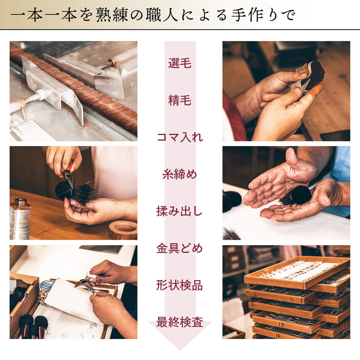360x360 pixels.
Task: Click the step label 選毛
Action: pos(180,63)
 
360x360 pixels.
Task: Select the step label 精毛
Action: pos(180,100)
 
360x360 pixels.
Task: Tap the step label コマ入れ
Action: pos(180,137)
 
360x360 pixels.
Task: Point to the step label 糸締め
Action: pos(180,174)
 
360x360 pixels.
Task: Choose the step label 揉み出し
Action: pos(179,211)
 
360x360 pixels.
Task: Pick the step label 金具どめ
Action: pos(179,248)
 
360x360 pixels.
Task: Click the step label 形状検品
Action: pos(179,285)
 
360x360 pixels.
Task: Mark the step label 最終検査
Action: pos(180,322)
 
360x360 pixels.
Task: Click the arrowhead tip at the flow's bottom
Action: pos(180,350)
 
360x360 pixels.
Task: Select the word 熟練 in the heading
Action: pos(112,15)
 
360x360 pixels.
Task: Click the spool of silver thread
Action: pos(20,219)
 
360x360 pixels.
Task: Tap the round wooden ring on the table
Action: pos(123,230)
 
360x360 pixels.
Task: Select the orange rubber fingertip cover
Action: pos(314,89)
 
